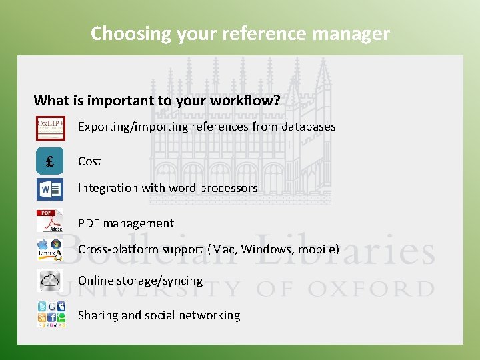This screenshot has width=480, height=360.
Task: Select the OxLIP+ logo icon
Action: coord(50,127)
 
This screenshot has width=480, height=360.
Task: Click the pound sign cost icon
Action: coord(50,161)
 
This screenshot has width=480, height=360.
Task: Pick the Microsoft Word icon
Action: coord(50,189)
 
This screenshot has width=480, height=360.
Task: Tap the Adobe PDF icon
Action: coord(50,221)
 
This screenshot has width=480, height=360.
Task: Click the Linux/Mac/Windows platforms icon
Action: coord(50,250)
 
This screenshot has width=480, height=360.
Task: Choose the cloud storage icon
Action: coord(50,281)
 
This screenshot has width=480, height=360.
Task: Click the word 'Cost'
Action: coord(89,161)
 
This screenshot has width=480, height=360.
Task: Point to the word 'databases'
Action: coord(308,127)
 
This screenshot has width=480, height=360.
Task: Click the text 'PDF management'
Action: coord(125,223)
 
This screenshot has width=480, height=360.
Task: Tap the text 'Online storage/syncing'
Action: coord(140,281)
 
